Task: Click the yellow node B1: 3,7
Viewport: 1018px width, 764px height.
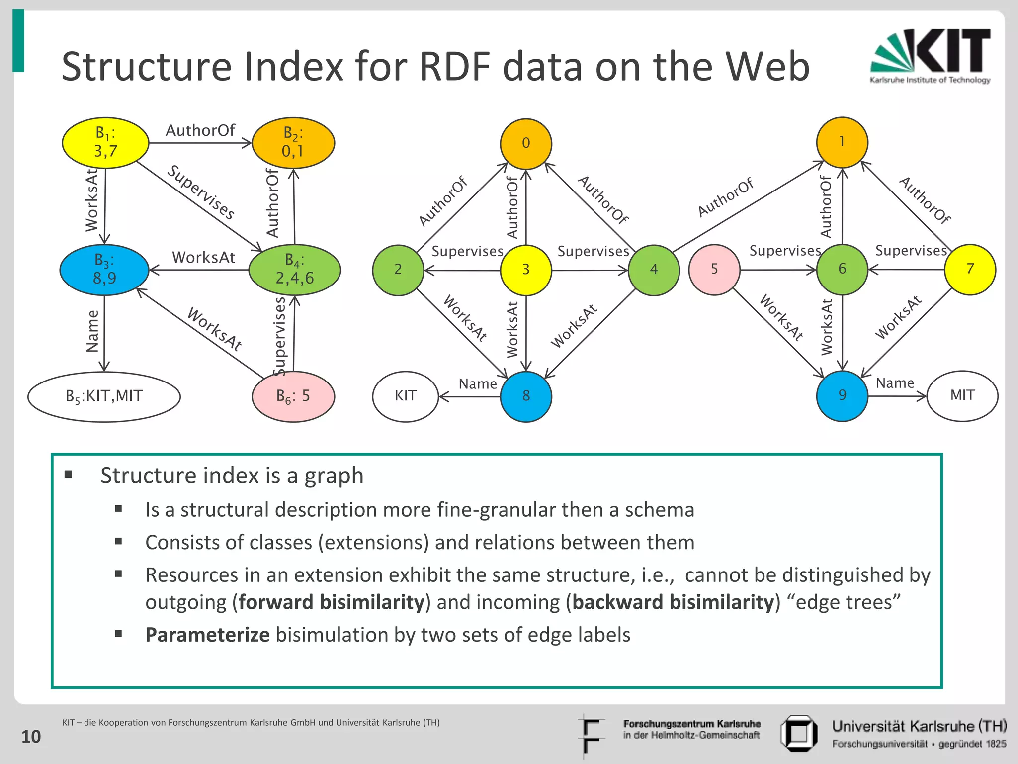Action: (105, 143)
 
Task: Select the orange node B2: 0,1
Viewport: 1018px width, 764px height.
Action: (293, 143)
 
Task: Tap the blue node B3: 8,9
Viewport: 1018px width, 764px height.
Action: (104, 270)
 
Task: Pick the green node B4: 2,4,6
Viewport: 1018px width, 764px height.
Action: (294, 270)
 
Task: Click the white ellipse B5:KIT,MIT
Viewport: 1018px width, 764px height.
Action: (104, 396)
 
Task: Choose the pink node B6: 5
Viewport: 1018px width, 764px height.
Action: (293, 396)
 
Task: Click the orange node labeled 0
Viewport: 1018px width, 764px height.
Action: (526, 144)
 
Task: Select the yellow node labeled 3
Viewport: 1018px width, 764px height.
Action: (526, 270)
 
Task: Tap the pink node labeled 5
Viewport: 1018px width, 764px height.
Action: (714, 270)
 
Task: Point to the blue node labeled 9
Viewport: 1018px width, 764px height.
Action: (842, 396)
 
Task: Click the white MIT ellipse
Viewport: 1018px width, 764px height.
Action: (962, 396)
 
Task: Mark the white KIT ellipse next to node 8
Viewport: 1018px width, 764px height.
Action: (406, 396)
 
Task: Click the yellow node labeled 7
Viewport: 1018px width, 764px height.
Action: (970, 269)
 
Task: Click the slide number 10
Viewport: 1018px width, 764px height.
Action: (31, 737)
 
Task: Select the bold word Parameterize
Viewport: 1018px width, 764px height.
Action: (207, 635)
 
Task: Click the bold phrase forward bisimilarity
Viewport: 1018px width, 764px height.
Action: (331, 602)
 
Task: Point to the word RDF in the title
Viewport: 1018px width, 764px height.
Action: (457, 67)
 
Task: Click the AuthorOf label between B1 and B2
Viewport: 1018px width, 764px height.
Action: (200, 130)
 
